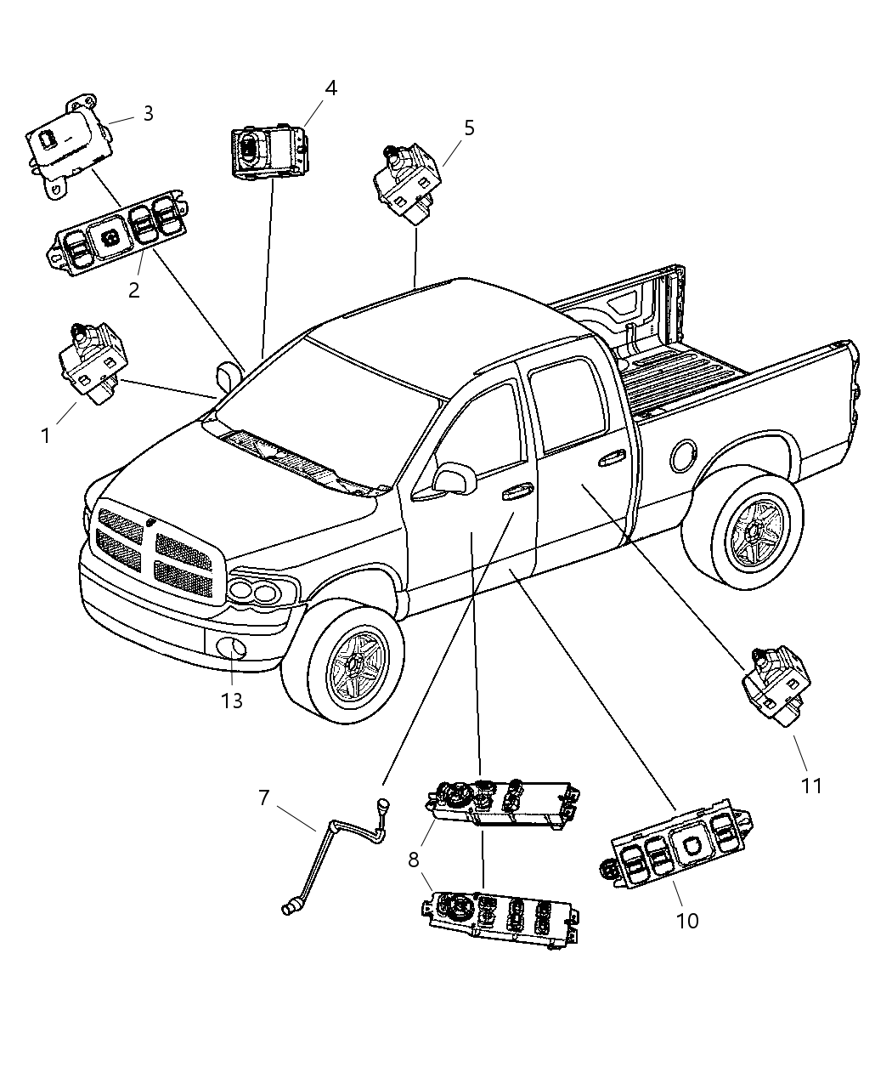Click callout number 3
(x=148, y=114)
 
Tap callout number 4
(x=330, y=88)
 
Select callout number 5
(x=469, y=128)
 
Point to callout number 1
(x=45, y=436)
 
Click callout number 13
(x=232, y=700)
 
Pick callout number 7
(x=264, y=798)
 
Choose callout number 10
(x=687, y=920)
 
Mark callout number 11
(x=812, y=786)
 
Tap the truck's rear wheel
(x=752, y=533)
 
